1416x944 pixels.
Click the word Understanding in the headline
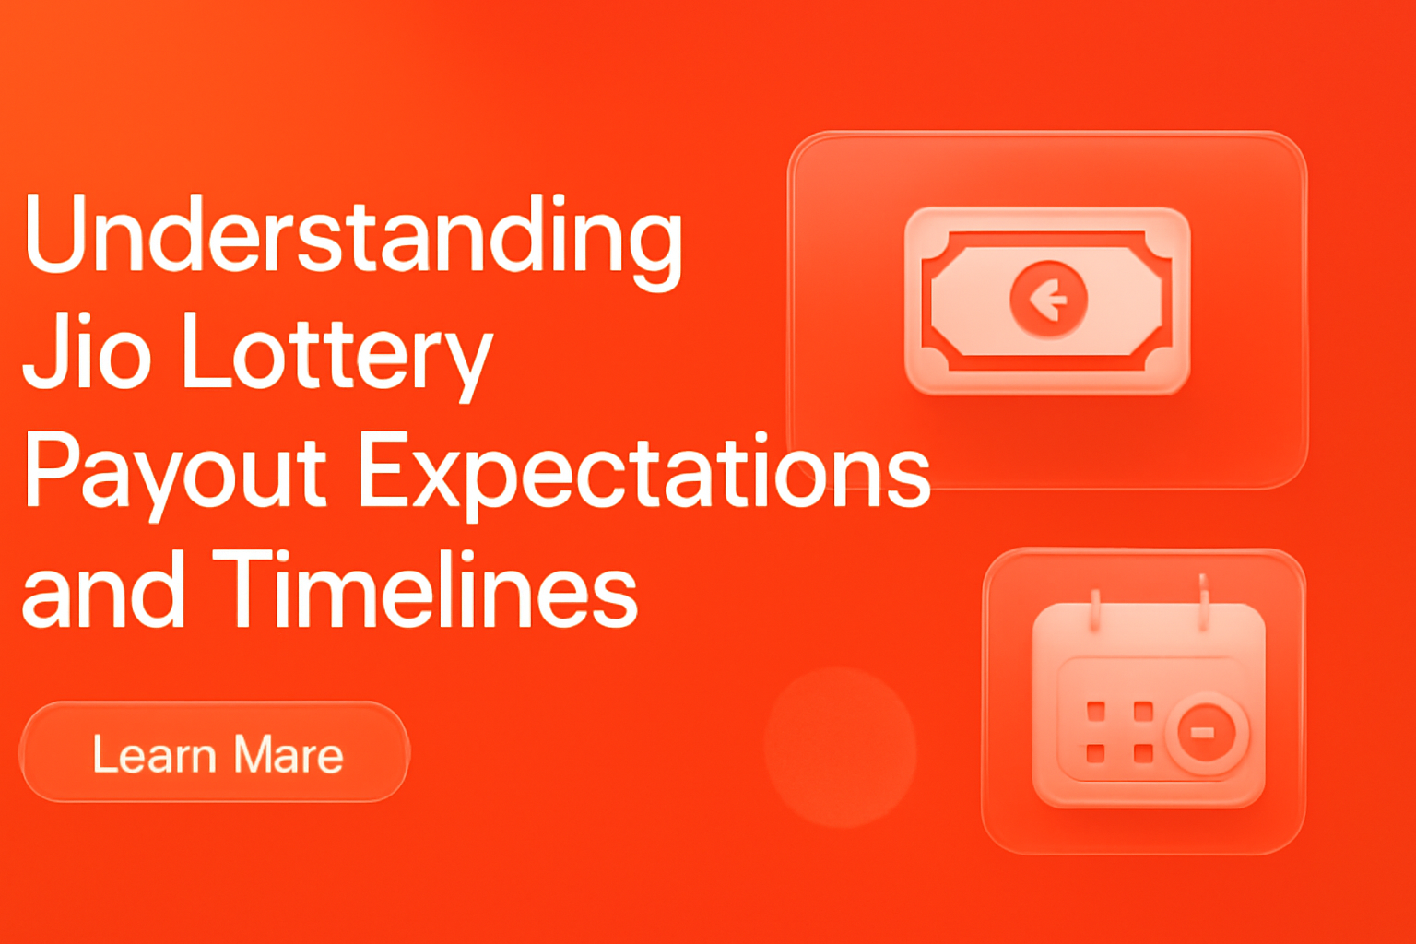click(353, 236)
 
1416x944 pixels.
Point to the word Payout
click(175, 472)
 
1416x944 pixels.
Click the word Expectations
click(643, 472)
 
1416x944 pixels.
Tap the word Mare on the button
click(289, 755)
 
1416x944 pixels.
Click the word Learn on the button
click(154, 755)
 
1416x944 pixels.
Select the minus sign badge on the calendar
click(1203, 733)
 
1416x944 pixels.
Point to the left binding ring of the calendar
click(1094, 609)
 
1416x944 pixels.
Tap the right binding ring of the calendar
click(1203, 601)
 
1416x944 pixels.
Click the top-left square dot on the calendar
click(1096, 711)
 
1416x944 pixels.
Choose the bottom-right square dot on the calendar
click(1143, 753)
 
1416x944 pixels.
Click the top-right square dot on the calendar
click(1143, 711)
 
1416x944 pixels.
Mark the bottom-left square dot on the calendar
click(1096, 753)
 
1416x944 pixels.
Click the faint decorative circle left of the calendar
click(841, 747)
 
